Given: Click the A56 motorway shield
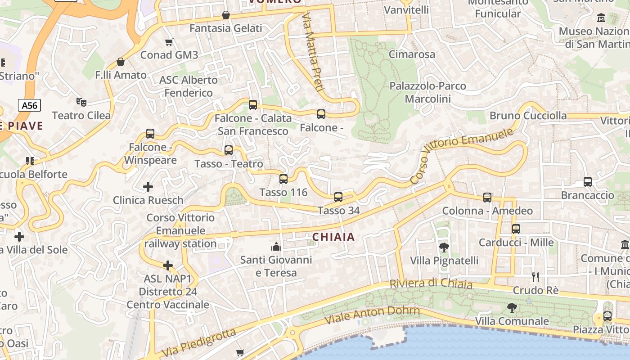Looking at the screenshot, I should click(30, 105).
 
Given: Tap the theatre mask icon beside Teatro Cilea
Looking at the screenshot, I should click(81, 102).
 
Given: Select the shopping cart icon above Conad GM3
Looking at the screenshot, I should click(169, 42).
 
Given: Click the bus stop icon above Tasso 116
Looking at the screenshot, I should click(283, 179).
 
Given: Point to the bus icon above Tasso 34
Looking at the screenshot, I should click(338, 197).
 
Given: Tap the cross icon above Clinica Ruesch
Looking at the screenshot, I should click(148, 186).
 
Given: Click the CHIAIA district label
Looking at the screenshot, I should click(333, 237).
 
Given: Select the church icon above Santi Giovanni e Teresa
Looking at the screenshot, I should click(276, 247).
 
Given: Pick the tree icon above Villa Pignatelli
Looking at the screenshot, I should click(444, 247).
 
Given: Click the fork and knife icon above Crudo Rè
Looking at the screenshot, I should click(535, 277).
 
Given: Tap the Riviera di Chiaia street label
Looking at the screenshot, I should click(431, 284).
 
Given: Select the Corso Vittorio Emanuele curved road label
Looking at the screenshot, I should click(462, 156).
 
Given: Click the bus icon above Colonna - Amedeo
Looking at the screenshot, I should click(487, 197).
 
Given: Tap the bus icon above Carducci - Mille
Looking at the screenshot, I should click(516, 229).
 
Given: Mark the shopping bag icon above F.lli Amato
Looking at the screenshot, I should click(120, 61).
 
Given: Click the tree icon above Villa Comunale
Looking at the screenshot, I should click(512, 308).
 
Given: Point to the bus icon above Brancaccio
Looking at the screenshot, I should click(587, 181).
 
